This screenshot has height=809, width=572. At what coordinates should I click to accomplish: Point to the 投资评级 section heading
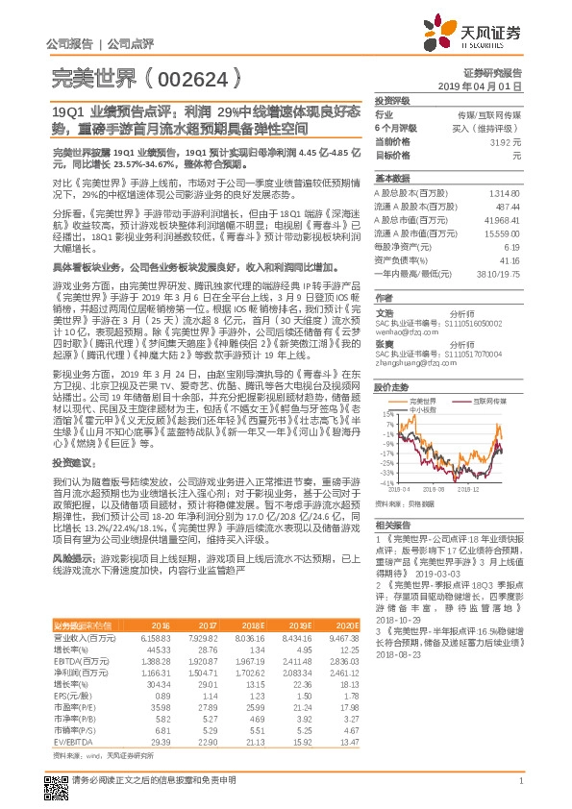[392, 99]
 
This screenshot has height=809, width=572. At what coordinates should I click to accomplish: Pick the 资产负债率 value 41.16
[510, 259]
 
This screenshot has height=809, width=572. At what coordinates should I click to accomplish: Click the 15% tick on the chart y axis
[385, 413]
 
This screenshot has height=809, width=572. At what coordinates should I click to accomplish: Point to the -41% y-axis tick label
[384, 482]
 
